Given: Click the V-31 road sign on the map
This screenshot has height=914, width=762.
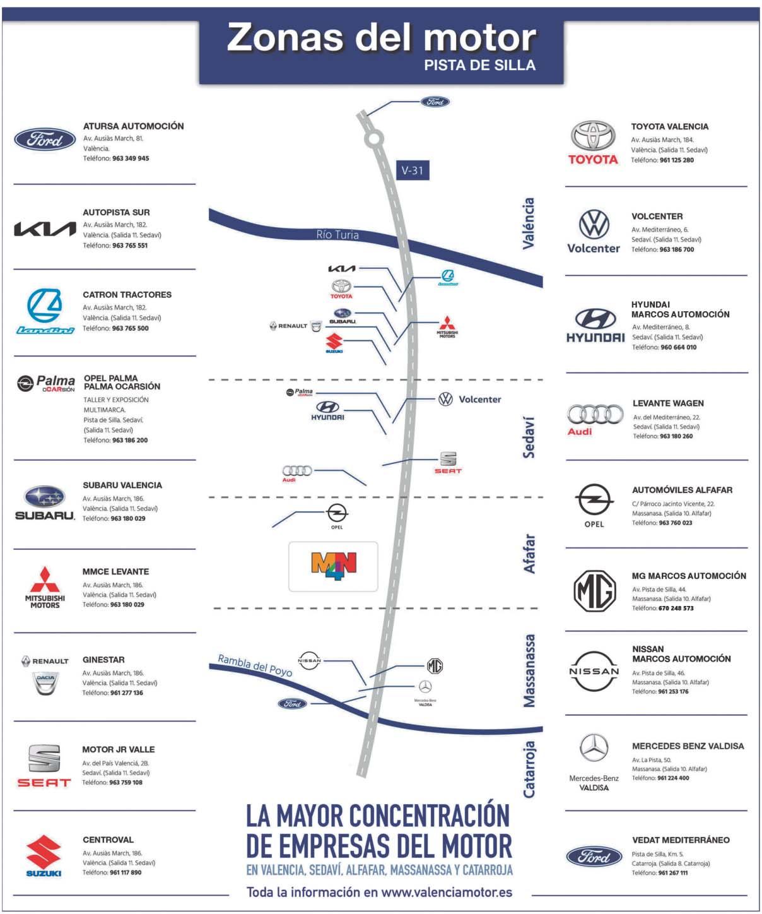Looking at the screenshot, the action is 413,170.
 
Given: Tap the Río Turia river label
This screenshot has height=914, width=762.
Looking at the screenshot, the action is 337,235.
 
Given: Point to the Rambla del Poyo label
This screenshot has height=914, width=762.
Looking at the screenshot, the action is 255,665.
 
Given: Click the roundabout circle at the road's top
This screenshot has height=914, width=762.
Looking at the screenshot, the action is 374,138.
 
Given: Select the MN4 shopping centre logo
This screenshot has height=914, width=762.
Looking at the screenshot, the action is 334,566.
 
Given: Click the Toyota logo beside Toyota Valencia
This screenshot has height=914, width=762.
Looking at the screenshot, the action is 593,143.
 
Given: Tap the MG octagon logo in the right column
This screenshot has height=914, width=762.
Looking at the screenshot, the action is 594,590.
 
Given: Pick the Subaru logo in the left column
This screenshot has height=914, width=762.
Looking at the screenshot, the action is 45,502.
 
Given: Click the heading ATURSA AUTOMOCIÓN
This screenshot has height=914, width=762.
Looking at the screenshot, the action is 133,126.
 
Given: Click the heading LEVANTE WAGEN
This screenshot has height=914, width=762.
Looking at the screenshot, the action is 668,403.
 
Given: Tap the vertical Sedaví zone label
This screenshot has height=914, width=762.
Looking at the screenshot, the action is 529,437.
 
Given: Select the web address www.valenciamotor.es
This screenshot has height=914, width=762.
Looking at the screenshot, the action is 447,892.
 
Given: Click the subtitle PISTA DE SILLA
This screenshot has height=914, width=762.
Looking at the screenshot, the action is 479,65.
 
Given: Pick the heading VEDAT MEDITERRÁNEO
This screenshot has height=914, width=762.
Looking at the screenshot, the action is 681,840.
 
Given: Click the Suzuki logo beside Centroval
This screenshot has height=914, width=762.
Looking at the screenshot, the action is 44,855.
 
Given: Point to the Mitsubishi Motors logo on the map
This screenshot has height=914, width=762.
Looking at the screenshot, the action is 447,326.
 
